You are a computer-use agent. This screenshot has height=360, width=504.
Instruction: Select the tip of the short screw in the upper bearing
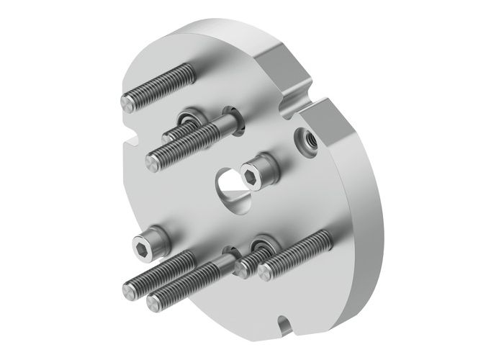click(x=167, y=135)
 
